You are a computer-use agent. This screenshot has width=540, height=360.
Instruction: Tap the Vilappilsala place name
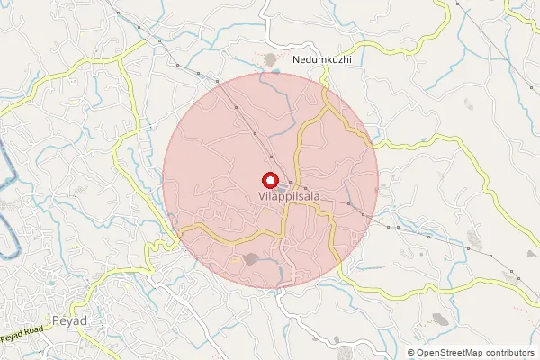(x=288, y=194)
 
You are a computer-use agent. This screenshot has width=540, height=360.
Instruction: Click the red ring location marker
(x=268, y=180)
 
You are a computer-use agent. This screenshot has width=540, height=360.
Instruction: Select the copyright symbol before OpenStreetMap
(x=411, y=353)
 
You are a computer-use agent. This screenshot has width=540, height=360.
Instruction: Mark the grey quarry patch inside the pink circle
(x=251, y=259)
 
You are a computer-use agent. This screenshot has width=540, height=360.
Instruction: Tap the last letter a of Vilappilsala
(x=316, y=194)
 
